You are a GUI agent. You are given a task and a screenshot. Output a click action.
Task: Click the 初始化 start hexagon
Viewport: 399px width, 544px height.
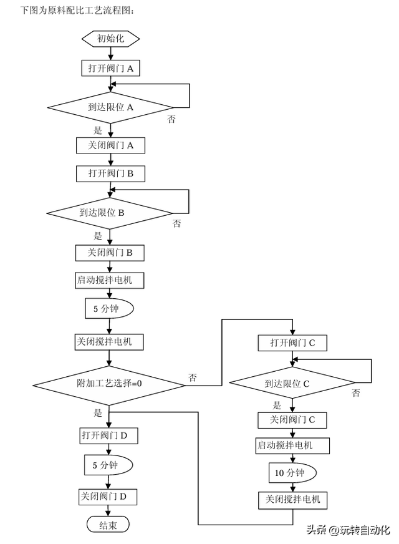110,39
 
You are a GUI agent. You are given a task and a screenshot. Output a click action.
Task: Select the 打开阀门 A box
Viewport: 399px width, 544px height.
110,68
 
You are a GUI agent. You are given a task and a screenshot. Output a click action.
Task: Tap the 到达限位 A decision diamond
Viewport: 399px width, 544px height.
110,107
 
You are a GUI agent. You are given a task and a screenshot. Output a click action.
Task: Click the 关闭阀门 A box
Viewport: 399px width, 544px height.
110,145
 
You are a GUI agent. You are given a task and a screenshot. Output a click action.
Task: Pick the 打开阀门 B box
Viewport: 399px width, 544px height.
110,173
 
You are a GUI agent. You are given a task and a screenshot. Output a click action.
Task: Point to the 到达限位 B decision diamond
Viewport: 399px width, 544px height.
110,213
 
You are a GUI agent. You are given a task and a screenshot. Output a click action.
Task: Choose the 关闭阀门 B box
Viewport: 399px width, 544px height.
110,253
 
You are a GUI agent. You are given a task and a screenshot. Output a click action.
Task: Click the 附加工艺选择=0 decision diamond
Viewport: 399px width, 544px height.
109,383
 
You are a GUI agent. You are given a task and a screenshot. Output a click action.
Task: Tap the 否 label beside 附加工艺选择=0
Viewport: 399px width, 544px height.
193,377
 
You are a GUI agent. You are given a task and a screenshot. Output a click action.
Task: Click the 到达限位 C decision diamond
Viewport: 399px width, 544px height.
292,383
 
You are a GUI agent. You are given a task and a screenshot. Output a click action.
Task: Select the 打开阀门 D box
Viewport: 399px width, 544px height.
108,434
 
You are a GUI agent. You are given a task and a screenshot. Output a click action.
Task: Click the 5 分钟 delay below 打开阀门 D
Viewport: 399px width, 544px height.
108,465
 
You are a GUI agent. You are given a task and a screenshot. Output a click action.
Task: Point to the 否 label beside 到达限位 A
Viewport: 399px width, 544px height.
171,119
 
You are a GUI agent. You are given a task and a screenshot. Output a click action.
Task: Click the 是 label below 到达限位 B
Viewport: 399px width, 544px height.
97,236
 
